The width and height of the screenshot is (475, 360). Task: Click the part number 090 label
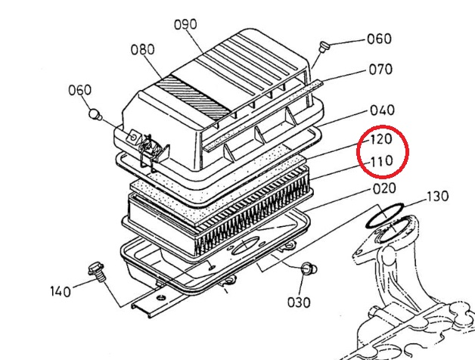(185, 24)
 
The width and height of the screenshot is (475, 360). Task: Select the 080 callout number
(143, 49)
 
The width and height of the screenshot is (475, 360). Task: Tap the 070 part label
(380, 70)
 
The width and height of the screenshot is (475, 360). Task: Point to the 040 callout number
(383, 110)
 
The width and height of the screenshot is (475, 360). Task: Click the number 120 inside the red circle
(382, 139)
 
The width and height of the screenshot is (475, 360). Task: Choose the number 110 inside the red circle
(382, 161)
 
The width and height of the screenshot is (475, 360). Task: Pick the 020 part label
(384, 188)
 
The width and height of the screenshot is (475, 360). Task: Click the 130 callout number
(438, 197)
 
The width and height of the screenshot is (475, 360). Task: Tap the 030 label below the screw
(299, 303)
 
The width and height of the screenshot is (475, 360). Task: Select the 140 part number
(61, 291)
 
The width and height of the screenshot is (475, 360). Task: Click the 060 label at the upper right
(379, 39)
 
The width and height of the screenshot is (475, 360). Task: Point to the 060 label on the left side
(79, 90)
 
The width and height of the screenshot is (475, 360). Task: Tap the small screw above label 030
(309, 268)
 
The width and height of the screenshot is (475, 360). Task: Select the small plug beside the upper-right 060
(324, 47)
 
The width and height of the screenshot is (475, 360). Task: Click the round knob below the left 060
(95, 115)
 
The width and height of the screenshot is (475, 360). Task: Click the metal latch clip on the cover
(149, 151)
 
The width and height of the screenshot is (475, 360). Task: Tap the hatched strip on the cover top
(193, 98)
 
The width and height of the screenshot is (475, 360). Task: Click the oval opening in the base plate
(244, 247)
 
